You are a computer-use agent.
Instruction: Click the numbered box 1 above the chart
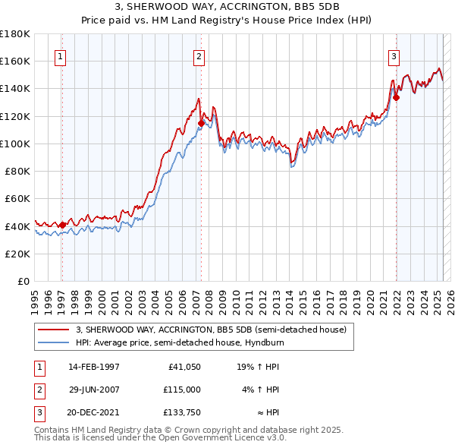[x=60, y=55]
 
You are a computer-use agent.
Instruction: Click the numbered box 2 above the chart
[x=198, y=55]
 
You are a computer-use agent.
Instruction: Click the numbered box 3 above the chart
[x=394, y=55]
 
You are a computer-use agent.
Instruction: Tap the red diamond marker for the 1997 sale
[x=62, y=224]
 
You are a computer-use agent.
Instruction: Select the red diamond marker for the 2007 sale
[x=201, y=123]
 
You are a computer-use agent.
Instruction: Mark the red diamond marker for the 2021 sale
[x=396, y=97]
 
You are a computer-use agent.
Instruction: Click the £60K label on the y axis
[x=17, y=198]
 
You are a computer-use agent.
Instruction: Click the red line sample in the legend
[x=53, y=330]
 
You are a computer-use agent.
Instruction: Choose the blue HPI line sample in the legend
[x=53, y=342]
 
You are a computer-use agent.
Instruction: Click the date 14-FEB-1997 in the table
[x=94, y=367]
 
